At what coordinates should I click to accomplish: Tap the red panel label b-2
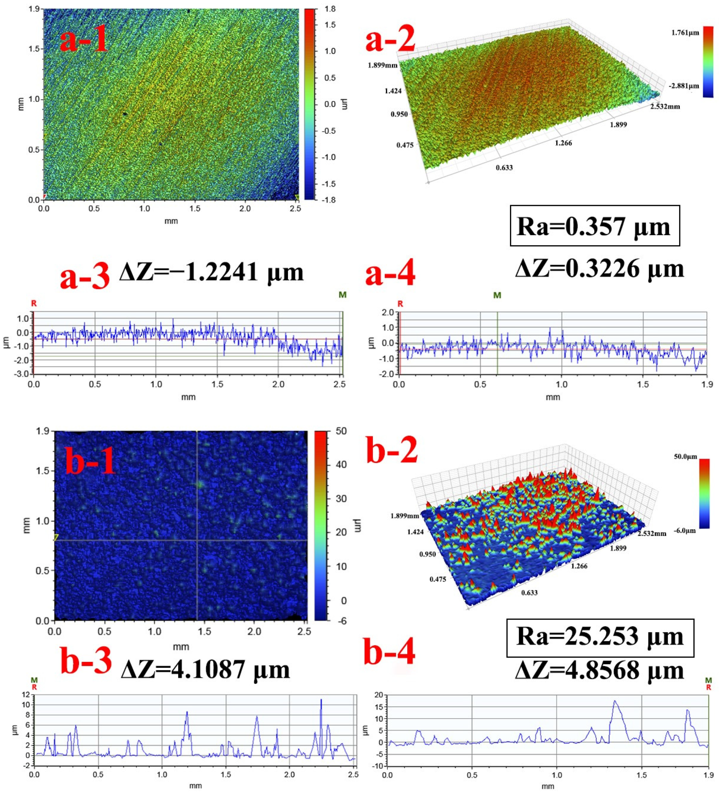tap(392, 450)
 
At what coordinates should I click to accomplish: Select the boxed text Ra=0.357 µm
tap(594, 227)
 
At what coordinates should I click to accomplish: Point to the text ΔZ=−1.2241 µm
tap(211, 272)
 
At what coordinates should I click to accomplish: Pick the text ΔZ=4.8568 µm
tap(599, 670)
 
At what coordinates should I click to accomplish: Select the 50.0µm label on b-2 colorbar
tap(685, 457)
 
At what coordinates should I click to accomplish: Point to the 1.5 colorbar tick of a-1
tap(330, 25)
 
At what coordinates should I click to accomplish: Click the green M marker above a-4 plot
tap(497, 295)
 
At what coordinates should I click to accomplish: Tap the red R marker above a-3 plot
tap(34, 303)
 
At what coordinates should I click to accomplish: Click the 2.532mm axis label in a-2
tap(665, 107)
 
